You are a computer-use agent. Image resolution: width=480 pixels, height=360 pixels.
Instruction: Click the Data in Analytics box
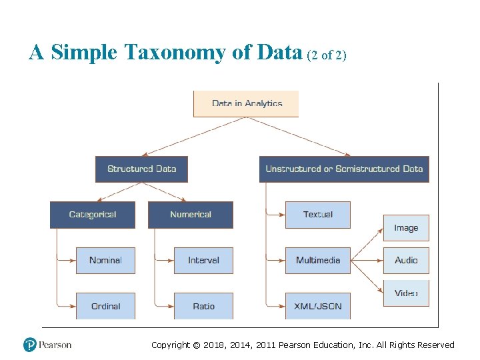pos(246,103)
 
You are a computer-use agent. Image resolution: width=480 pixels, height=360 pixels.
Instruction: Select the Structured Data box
pos(141,169)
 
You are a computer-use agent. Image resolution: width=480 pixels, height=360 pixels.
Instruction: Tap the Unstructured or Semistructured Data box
pos(344,169)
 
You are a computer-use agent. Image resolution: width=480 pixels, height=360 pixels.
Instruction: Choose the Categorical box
pos(93,215)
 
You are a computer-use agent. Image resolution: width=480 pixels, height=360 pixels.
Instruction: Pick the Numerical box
pos(191,215)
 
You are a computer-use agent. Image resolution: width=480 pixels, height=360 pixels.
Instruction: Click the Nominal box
pos(105,260)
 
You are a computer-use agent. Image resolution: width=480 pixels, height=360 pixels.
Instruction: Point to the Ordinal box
pos(105,306)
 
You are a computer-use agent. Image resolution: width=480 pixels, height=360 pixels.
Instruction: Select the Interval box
pos(203,260)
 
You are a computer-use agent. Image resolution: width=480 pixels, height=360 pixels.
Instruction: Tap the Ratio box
pos(203,306)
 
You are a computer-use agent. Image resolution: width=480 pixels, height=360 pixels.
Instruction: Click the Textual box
pos(318,215)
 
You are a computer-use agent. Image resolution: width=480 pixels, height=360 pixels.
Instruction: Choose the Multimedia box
pos(318,260)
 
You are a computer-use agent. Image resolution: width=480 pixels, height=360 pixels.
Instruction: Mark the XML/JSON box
pos(318,306)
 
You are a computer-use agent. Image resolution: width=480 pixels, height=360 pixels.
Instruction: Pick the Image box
pos(406,227)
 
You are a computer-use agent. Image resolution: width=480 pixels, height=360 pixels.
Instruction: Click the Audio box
pos(406,260)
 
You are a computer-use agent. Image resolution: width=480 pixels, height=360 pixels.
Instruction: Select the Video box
pos(406,293)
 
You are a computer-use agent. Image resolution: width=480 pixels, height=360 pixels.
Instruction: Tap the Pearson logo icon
pos(29,345)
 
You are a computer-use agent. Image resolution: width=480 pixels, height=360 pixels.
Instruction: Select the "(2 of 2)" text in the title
pos(327,55)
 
